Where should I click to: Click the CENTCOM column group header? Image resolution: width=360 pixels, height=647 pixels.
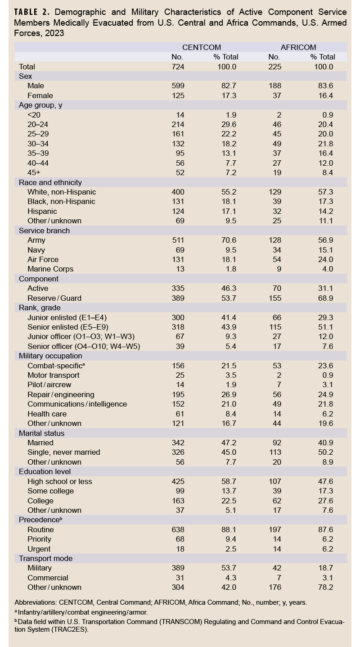pos(201,47)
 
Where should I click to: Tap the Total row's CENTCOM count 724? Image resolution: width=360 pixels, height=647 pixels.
pos(178,67)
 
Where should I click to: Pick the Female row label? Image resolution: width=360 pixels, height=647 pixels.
pos(40,95)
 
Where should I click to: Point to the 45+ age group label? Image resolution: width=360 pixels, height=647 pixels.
pos(34,173)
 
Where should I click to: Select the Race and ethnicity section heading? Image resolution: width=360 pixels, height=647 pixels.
pos(50,182)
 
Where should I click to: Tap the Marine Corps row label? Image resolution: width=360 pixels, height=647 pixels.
pos(50,269)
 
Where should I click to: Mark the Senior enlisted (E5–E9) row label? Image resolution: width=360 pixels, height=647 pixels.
pos(67,327)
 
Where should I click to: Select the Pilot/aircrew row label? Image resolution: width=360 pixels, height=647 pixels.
pos(49,385)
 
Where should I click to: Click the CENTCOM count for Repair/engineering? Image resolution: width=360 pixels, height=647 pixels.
pos(178,394)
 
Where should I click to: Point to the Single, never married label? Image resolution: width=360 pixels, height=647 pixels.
pos(63,452)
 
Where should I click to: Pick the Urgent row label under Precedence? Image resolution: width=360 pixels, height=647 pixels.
pos(39,549)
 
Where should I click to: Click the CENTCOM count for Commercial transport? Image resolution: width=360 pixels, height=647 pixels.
pos(178,578)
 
